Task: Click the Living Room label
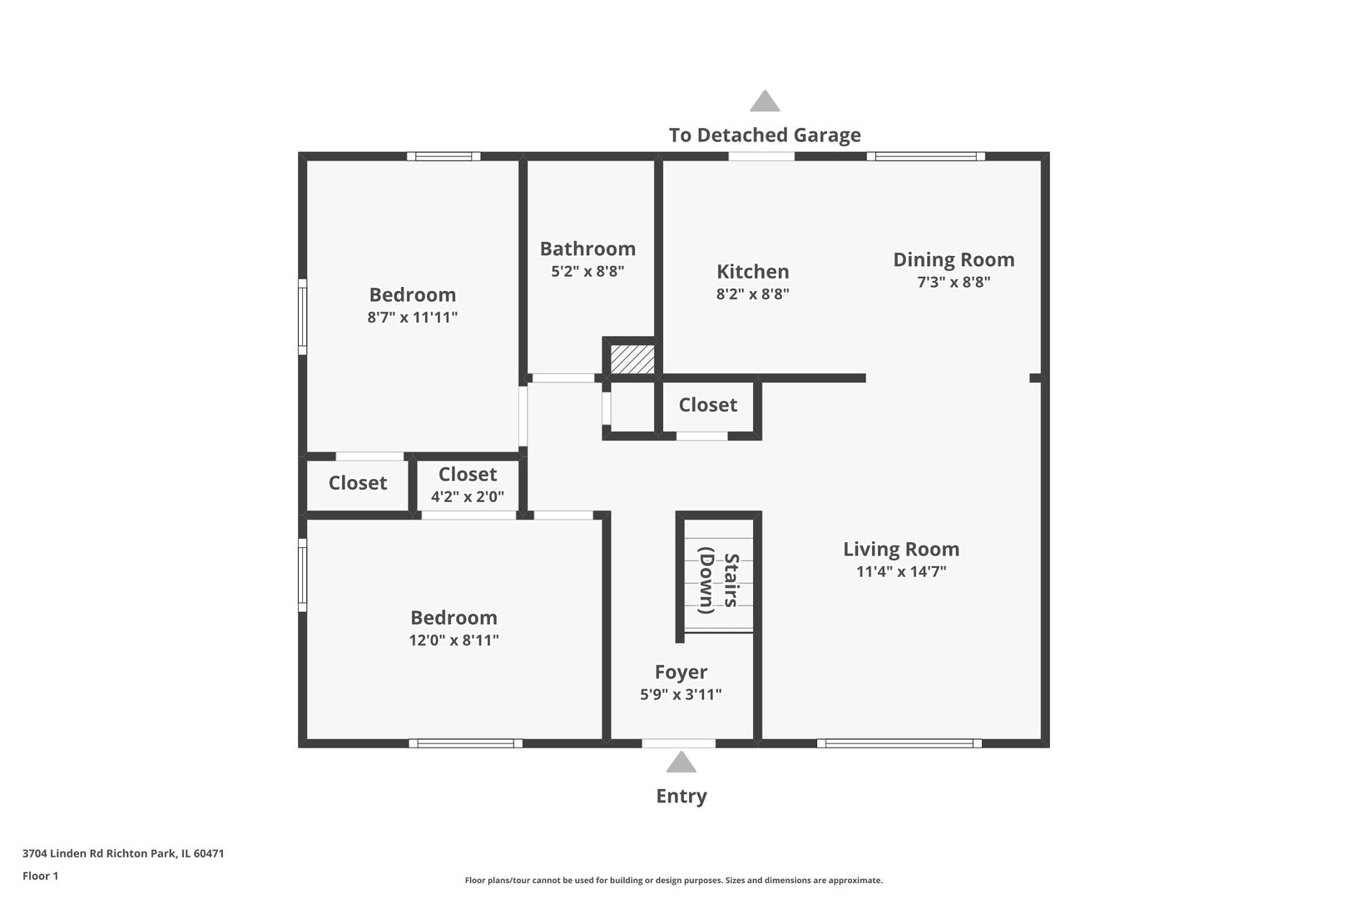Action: coord(901,549)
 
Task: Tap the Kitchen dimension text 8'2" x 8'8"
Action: coord(752,294)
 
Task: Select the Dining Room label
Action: coord(954,259)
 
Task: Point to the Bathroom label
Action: coord(587,249)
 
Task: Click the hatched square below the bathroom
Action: coord(632,359)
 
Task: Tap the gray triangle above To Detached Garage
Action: coord(765,102)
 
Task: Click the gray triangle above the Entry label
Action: coord(681,762)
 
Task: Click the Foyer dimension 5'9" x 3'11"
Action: coord(681,694)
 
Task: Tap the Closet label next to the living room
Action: coord(707,405)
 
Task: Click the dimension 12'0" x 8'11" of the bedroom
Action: coord(453,640)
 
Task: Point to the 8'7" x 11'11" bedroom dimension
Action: coord(413,317)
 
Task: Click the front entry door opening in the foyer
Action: coord(679,743)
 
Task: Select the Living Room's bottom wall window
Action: coord(899,743)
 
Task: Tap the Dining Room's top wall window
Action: coord(925,156)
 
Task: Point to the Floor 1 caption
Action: coord(41,876)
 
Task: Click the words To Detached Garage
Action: coord(765,135)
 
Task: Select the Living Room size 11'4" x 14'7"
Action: coord(901,571)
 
